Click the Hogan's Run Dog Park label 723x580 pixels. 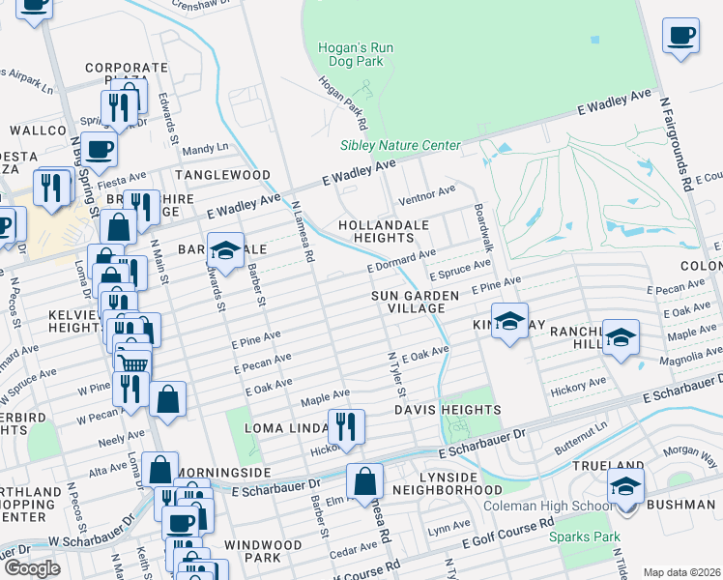click(x=353, y=53)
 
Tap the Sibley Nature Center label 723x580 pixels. click(x=399, y=146)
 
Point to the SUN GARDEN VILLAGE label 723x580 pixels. click(x=409, y=301)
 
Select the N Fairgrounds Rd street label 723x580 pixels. click(x=673, y=140)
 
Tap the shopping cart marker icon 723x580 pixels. click(x=132, y=362)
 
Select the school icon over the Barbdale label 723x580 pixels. click(x=225, y=250)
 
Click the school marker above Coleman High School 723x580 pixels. click(x=625, y=486)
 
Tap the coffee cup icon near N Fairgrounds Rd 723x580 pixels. click(x=680, y=36)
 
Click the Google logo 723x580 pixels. click(x=31, y=568)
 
